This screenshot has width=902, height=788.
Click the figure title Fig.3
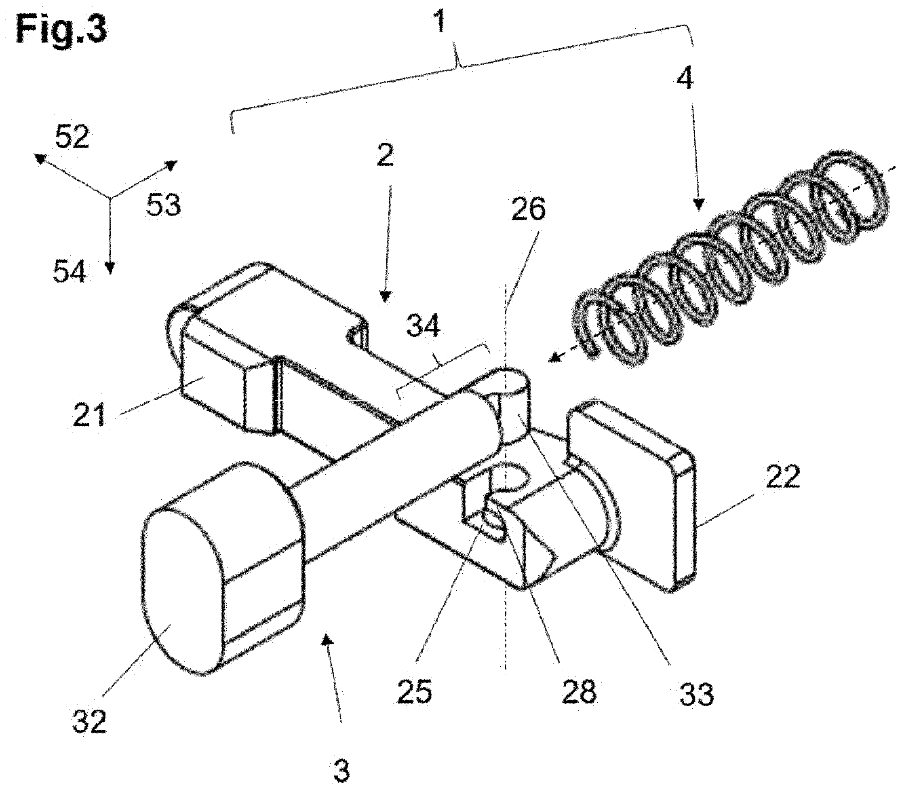(x=61, y=29)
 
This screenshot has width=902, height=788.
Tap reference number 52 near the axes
(x=72, y=137)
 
